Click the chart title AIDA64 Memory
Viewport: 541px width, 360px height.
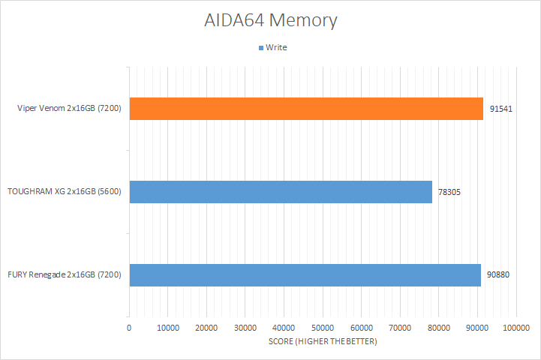(x=270, y=20)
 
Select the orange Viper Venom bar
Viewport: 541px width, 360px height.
(x=306, y=109)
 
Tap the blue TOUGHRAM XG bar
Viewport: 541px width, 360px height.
(x=281, y=192)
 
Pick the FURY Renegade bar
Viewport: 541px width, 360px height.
(x=305, y=274)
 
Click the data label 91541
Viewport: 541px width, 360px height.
(x=501, y=109)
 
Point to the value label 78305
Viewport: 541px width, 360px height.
(x=449, y=192)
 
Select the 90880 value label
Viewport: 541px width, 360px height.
(x=498, y=274)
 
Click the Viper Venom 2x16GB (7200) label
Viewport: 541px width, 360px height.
(x=69, y=108)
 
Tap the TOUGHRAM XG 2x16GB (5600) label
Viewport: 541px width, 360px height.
(x=65, y=191)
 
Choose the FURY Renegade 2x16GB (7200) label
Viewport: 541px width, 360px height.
(x=65, y=274)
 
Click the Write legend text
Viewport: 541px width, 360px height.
(x=276, y=47)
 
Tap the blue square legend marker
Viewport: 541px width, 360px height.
(x=261, y=48)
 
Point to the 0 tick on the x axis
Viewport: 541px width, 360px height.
(x=129, y=328)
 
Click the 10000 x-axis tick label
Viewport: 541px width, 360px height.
(x=168, y=328)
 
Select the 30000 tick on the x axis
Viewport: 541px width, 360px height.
(x=245, y=328)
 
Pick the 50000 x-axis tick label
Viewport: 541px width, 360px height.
(x=323, y=328)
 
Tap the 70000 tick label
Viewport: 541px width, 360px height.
(x=400, y=328)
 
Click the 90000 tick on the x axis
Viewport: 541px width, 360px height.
(x=477, y=328)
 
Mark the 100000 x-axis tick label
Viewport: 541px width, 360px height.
(x=516, y=328)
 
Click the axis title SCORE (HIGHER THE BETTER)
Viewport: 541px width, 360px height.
(x=323, y=341)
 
